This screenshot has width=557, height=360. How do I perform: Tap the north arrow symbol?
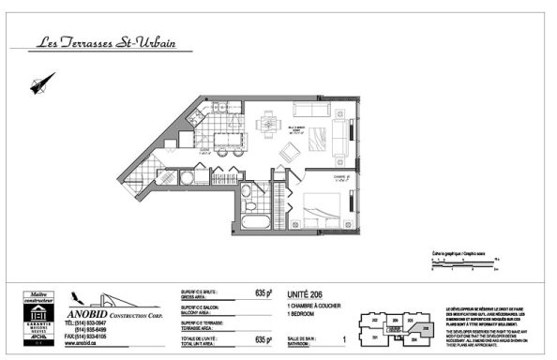pyautogui.click(x=38, y=87)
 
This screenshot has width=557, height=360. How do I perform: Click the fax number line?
pyautogui.click(x=84, y=336)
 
